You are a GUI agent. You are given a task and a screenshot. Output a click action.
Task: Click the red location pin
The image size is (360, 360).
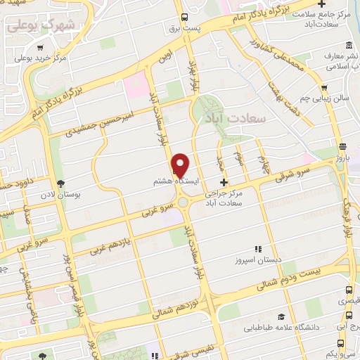(x=181, y=165)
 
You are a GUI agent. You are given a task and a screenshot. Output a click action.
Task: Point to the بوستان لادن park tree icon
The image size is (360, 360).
(x=58, y=182)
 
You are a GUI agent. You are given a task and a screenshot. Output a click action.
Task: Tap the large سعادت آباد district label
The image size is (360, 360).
(x=236, y=117)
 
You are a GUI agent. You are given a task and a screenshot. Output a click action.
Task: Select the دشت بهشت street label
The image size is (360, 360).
(x=287, y=103)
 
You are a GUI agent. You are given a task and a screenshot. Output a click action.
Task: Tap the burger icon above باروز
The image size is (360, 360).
(x=342, y=147)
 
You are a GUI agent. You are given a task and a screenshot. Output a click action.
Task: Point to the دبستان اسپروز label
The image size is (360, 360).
(x=259, y=259)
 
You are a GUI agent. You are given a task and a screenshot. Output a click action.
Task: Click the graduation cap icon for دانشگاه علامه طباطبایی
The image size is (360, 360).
(x=281, y=317)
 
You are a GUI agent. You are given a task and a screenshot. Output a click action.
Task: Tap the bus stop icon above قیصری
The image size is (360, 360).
(x=349, y=289)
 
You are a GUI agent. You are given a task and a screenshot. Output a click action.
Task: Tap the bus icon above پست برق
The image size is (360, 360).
(x=184, y=16)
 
